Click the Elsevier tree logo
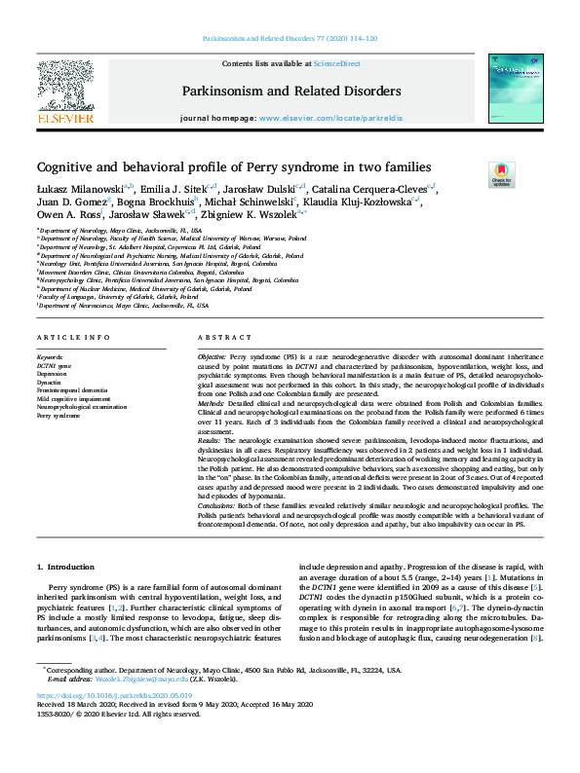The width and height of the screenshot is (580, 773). [65, 82]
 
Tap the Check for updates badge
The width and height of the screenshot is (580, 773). [502, 173]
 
